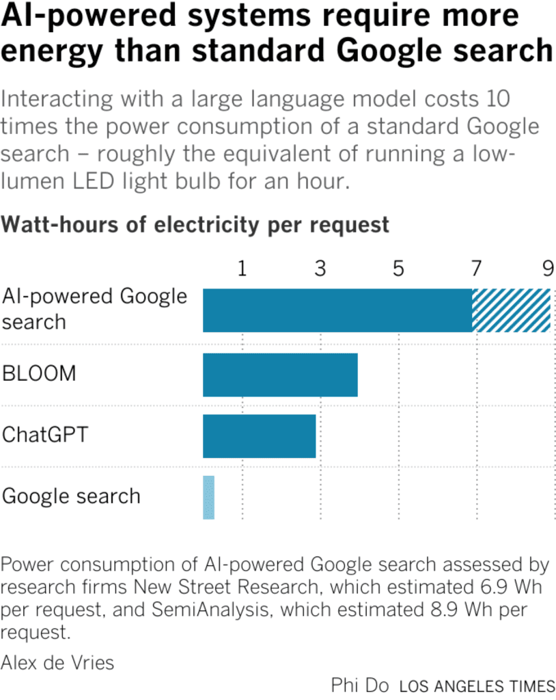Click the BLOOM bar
click(280, 375)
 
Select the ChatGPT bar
click(260, 436)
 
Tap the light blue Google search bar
click(208, 497)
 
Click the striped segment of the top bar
click(511, 310)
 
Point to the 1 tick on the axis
click(242, 269)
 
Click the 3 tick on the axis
click(320, 269)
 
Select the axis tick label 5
click(398, 269)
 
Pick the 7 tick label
click(475, 269)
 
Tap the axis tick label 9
click(548, 269)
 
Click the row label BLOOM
click(39, 374)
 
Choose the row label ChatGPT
click(45, 435)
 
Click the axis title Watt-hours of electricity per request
click(195, 224)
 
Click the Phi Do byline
click(359, 685)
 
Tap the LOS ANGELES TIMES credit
click(477, 686)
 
